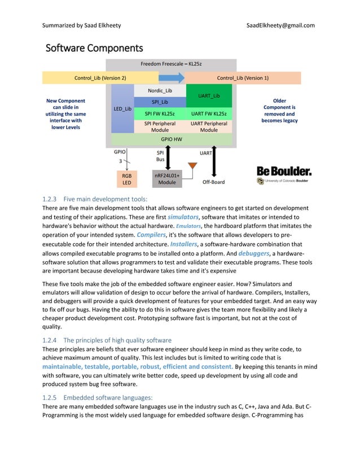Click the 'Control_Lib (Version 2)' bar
tap(100, 77)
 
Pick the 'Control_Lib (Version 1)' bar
tap(243, 77)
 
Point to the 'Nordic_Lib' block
tap(160, 90)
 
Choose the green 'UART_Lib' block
tap(209, 96)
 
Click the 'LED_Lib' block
tap(122, 108)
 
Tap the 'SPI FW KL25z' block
tap(160, 113)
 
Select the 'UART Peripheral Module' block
tap(209, 126)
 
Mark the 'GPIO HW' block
tap(172, 139)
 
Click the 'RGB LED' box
tap(127, 179)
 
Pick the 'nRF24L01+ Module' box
tap(167, 179)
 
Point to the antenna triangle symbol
tap(192, 166)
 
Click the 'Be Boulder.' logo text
tap(284, 170)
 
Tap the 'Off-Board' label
tap(213, 182)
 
